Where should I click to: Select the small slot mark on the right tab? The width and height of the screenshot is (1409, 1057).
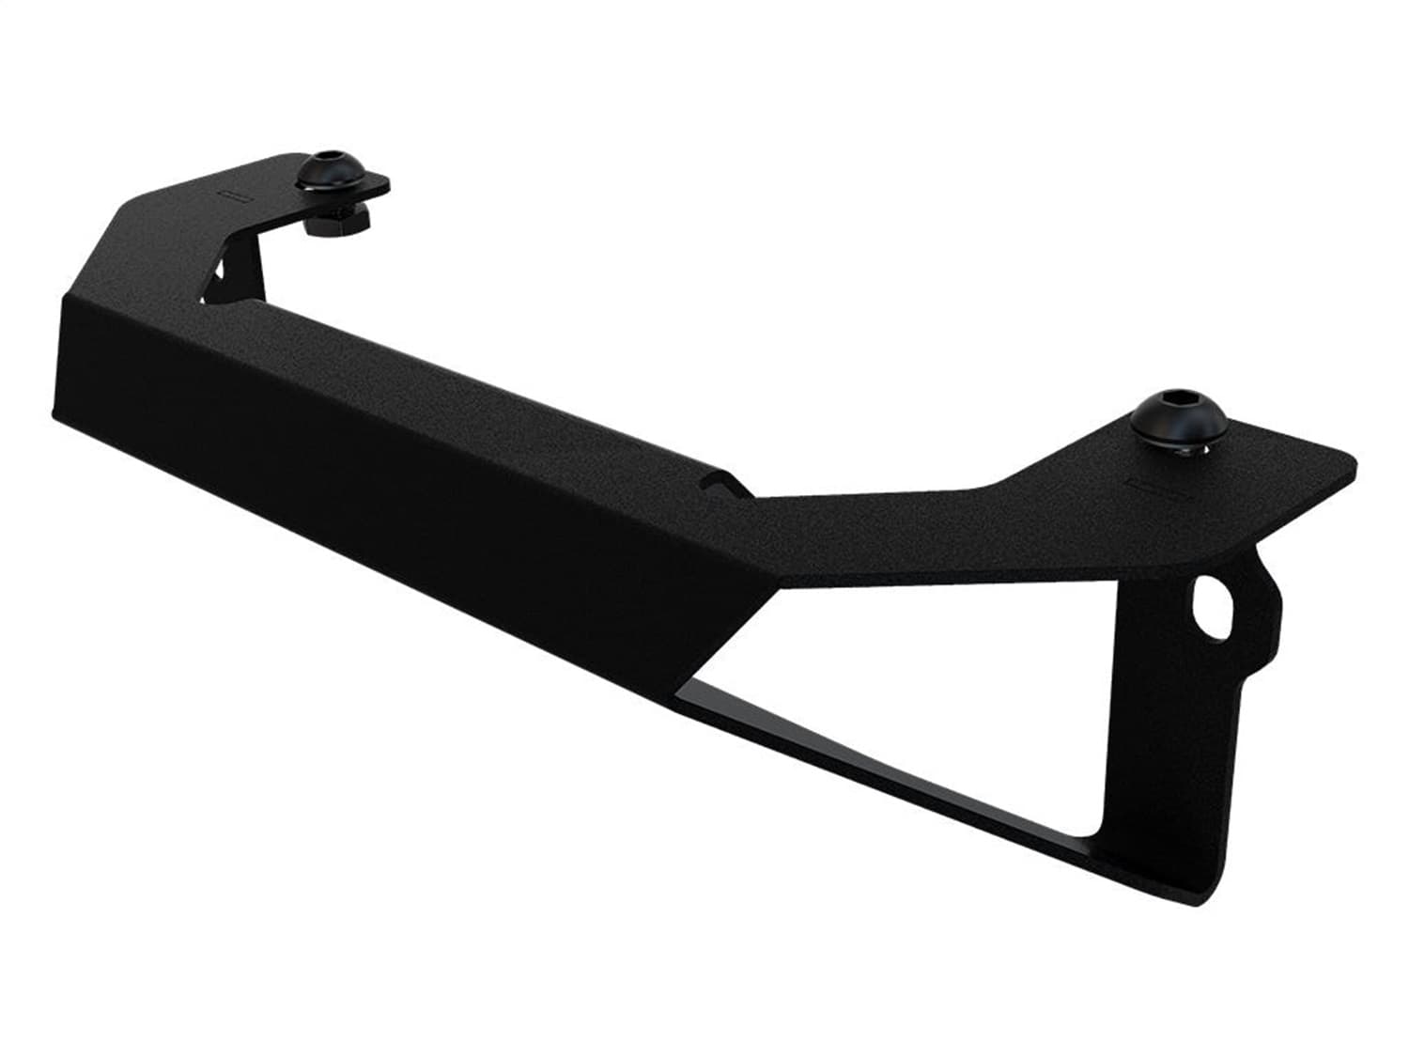point(1148,488)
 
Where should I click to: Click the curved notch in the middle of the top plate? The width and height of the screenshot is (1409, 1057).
point(719,481)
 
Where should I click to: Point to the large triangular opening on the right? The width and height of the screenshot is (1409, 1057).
point(939,658)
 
